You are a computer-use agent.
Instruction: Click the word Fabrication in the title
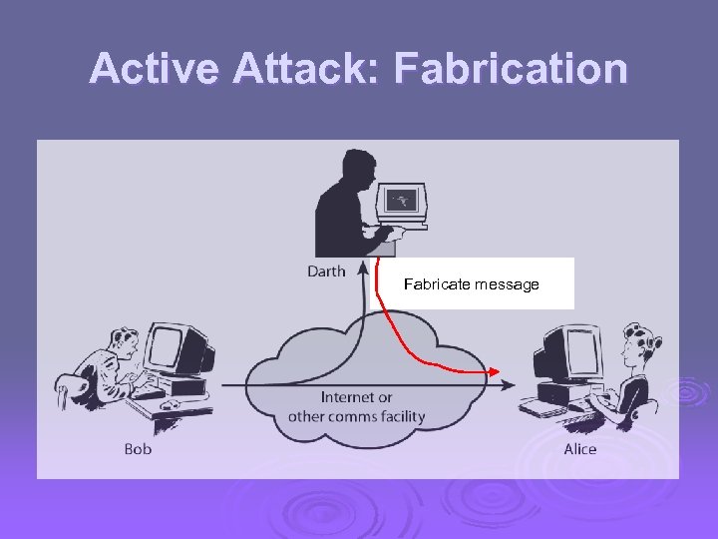click(511, 69)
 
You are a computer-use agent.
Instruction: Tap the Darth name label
click(326, 270)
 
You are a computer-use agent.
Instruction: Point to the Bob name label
click(138, 449)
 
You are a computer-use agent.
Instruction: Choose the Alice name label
click(579, 449)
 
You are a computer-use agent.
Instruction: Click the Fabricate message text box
click(472, 284)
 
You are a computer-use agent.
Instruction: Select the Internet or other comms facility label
click(356, 407)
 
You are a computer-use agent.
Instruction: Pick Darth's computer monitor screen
click(402, 200)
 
